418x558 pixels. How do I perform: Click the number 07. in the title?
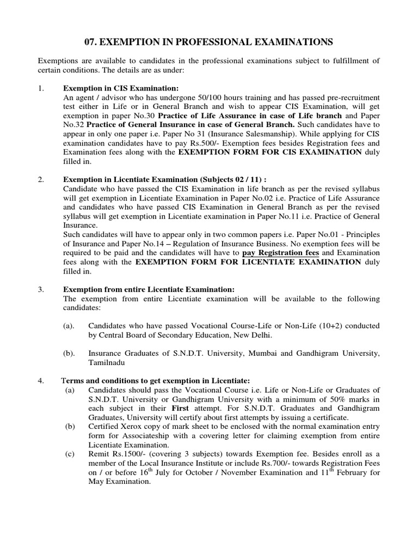click(93, 41)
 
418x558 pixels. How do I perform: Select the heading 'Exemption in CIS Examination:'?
click(121, 88)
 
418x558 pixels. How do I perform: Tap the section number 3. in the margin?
click(41, 289)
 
